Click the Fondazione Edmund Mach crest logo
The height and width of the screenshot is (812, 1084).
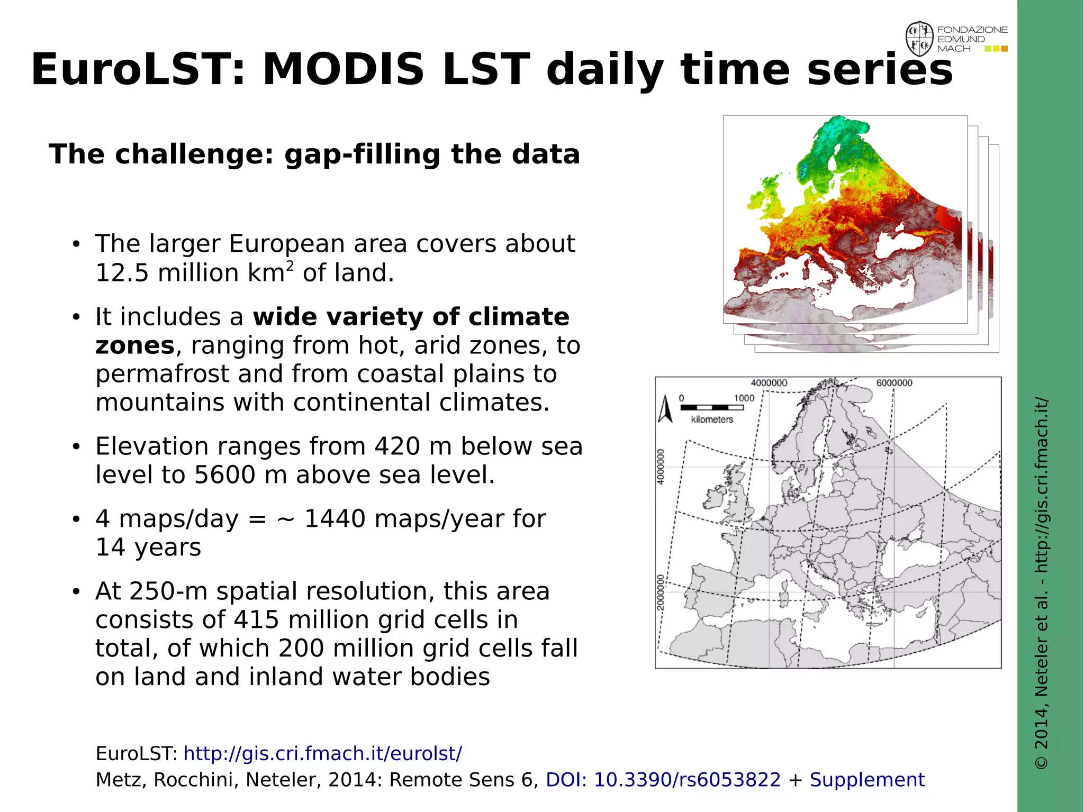point(919,39)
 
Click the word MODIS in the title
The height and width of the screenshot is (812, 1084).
point(343,70)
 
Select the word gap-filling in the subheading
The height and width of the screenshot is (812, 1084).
point(362,154)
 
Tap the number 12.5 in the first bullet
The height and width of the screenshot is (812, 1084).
point(122,273)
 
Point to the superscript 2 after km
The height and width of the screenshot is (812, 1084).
point(290,266)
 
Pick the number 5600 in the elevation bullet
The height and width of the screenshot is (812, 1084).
point(224,475)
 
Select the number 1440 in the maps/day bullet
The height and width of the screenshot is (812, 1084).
point(335,519)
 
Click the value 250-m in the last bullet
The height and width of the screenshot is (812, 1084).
point(167,591)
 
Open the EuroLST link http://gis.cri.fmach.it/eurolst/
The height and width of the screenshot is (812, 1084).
point(322,753)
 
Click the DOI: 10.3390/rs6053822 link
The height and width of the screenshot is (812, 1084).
point(663,780)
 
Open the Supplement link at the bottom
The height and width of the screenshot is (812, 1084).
point(867,780)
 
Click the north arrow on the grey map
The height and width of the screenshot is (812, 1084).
point(665,409)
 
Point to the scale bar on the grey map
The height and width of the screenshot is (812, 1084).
point(712,407)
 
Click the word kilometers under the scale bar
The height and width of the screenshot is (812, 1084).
point(712,419)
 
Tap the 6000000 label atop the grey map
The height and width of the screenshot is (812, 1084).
point(894,383)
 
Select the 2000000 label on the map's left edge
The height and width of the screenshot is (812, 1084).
point(661,592)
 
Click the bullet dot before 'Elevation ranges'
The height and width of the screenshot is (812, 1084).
point(76,447)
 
